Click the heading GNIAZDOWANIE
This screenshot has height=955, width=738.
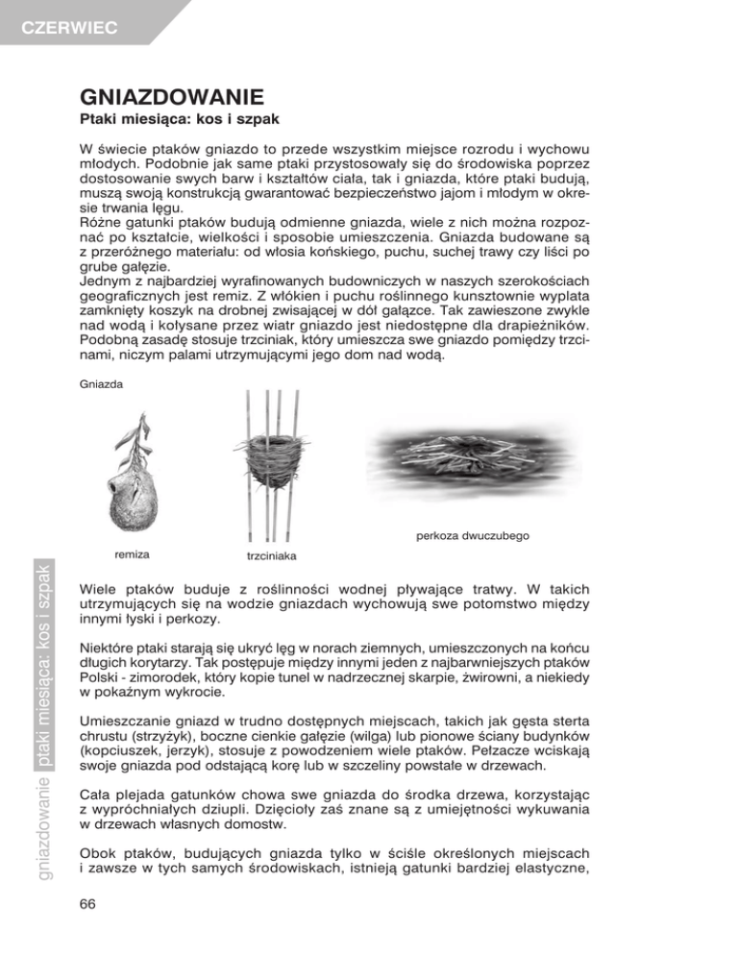[x=172, y=98]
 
